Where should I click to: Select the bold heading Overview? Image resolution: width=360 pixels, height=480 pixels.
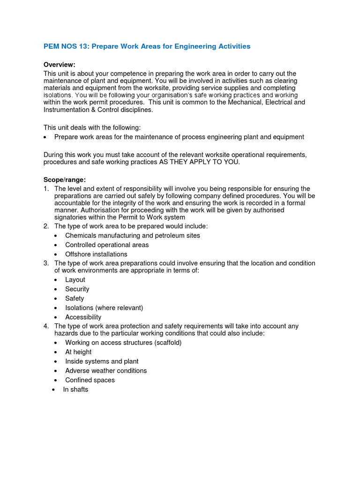pyautogui.click(x=60, y=64)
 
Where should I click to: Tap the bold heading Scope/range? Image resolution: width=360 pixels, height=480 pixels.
pyautogui.click(x=65, y=179)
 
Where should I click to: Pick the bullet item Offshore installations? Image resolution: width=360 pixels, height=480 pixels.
pyautogui.click(x=96, y=254)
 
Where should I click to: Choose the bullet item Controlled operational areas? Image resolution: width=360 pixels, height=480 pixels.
pyautogui.click(x=107, y=245)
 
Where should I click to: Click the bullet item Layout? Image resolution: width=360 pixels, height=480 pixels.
pyautogui.click(x=75, y=280)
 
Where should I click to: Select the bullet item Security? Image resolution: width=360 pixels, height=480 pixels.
pyautogui.click(x=77, y=289)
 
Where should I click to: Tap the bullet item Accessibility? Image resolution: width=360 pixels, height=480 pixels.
pyautogui.click(x=83, y=317)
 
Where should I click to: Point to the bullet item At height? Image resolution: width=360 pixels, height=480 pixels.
pyautogui.click(x=78, y=352)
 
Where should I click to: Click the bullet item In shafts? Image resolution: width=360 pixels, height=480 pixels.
pyautogui.click(x=75, y=390)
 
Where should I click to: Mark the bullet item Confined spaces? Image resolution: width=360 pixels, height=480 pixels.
pyautogui.click(x=90, y=380)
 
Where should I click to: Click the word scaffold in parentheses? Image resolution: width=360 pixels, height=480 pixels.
pyautogui.click(x=166, y=343)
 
